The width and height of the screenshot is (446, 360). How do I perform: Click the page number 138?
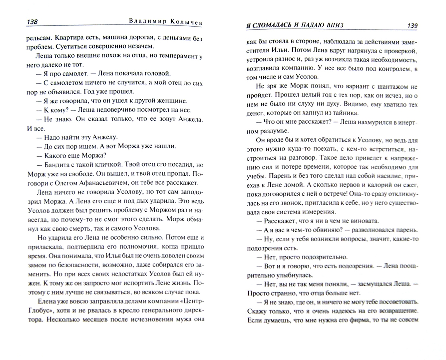pyautogui.click(x=32, y=22)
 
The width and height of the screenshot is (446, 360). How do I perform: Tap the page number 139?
pyautogui.click(x=412, y=26)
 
